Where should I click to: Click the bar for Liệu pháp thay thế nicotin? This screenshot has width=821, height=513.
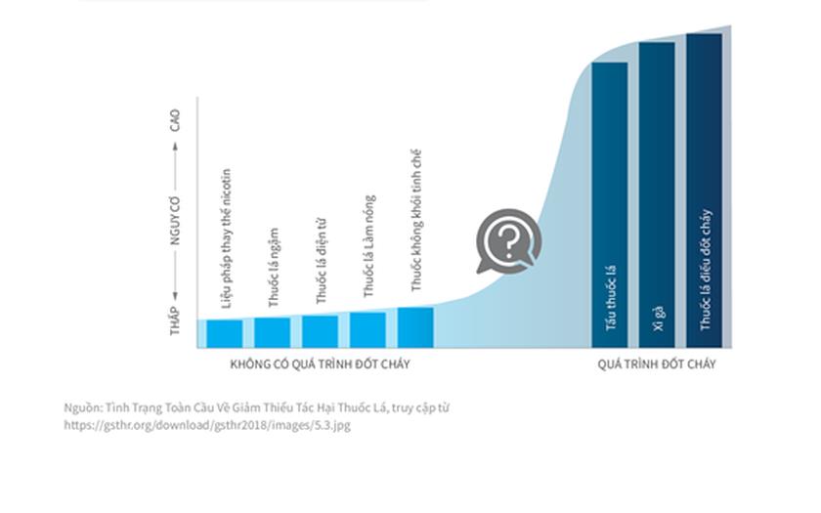[225, 333]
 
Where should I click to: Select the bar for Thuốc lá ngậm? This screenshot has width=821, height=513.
[273, 332]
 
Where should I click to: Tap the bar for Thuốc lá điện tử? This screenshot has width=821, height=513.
[320, 331]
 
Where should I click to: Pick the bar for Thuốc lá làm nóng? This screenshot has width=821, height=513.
[367, 329]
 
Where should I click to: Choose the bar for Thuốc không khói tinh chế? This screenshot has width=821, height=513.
[415, 327]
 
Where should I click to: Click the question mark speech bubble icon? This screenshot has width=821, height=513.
[508, 240]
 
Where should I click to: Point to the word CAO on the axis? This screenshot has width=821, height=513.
[175, 120]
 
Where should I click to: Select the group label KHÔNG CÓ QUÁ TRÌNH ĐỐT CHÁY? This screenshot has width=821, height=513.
[320, 364]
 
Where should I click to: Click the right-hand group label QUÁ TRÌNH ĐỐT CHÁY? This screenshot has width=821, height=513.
[657, 364]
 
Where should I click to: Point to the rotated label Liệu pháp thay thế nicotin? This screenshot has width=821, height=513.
[226, 238]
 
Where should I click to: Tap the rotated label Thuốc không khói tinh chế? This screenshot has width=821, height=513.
[416, 220]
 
